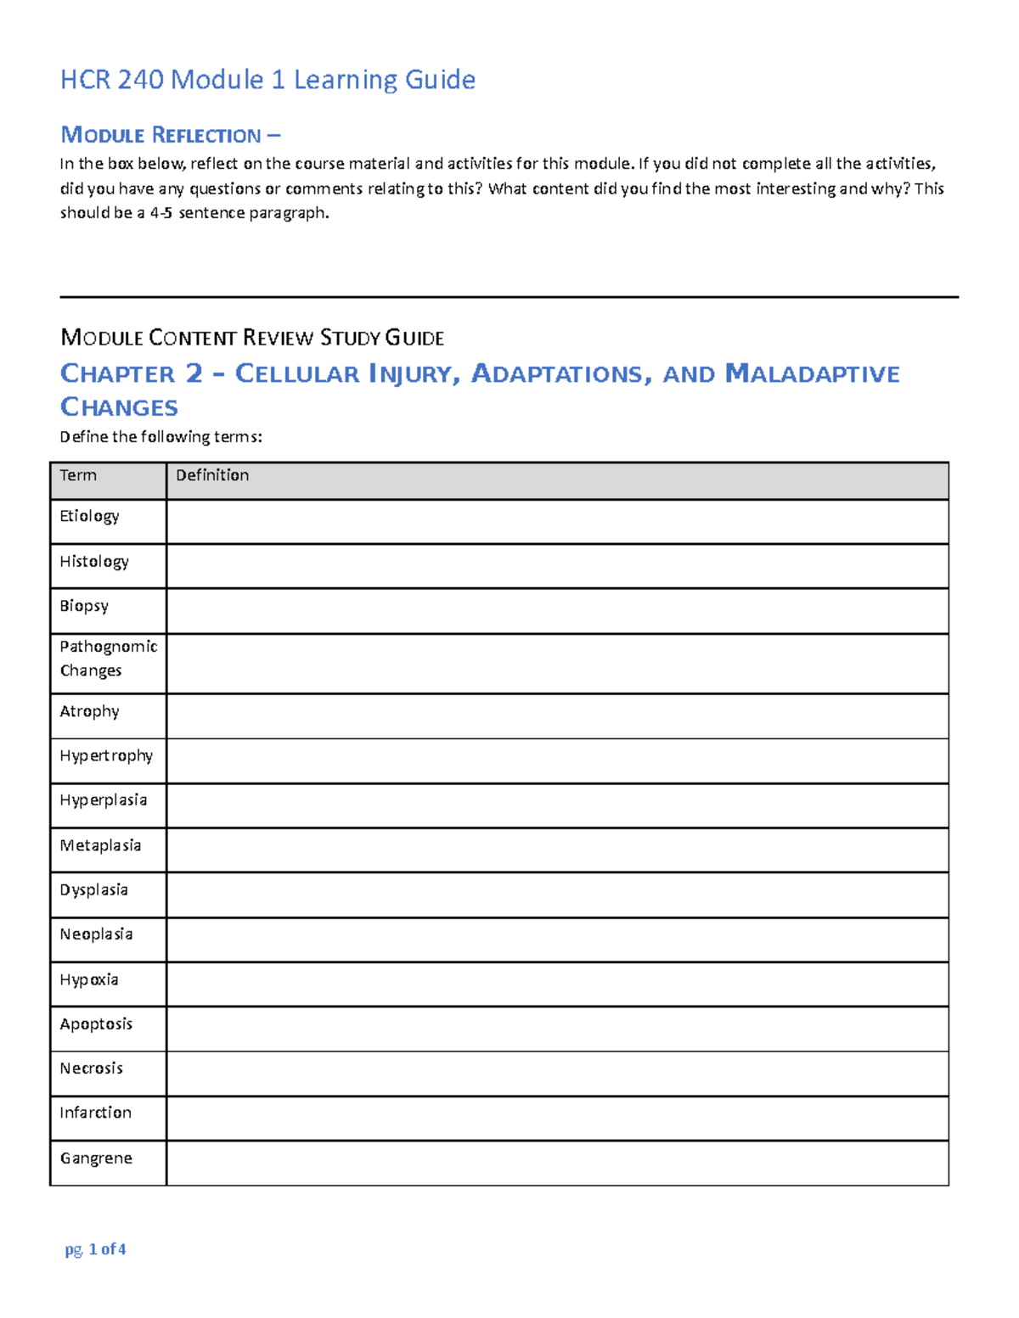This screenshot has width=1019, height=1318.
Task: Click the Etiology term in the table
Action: tap(89, 516)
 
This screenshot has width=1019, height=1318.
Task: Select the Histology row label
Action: tap(94, 561)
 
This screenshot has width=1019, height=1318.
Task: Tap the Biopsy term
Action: tap(84, 606)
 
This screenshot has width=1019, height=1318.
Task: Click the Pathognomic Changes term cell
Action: tap(108, 659)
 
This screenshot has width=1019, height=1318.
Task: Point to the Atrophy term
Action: tap(89, 711)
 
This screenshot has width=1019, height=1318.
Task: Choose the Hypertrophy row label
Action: tap(106, 755)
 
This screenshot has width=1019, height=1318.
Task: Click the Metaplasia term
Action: tap(100, 845)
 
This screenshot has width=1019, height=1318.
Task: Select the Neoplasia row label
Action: tap(96, 934)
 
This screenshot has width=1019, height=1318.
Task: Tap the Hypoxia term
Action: tap(89, 979)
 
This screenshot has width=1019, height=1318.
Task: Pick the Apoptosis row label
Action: tap(96, 1024)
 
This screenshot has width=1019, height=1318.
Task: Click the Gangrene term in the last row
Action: tap(96, 1158)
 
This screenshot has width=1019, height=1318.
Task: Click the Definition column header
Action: tap(212, 475)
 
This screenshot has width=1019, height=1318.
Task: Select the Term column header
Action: tap(78, 475)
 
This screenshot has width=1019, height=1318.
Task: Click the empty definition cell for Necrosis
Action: tap(557, 1074)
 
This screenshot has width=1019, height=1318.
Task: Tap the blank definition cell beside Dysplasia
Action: tap(557, 895)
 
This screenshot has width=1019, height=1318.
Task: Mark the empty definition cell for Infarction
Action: tap(557, 1118)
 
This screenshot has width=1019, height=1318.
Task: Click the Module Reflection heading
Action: tap(170, 135)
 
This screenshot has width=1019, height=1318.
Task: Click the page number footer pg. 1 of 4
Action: tap(95, 1248)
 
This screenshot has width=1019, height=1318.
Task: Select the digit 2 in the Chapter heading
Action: tap(194, 373)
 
